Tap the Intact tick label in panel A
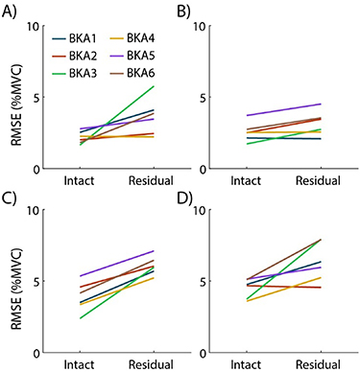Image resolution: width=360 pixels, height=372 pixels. pyautogui.click(x=78, y=180)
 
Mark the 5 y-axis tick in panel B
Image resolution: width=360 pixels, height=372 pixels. pyautogui.click(x=221, y=97)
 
